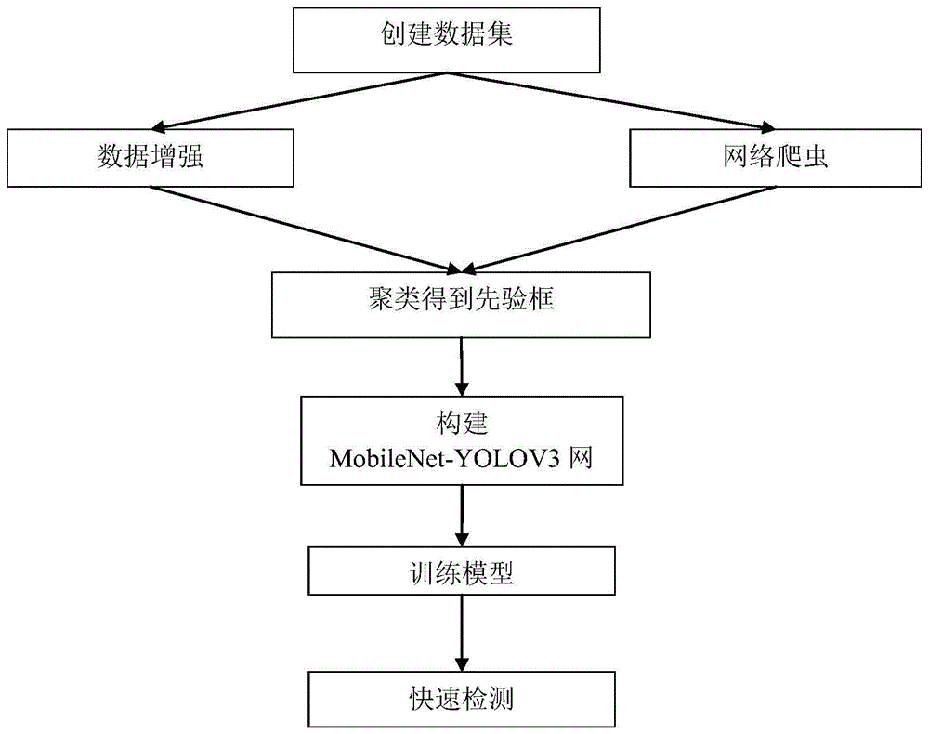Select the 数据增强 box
pos(150,157)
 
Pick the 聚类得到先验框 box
pos(461,304)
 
